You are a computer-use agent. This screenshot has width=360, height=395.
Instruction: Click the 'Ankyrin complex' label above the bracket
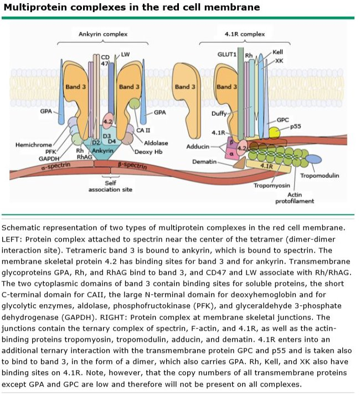(104, 34)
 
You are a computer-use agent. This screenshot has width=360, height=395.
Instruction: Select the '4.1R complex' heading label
(244, 34)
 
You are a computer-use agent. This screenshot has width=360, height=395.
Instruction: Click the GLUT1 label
(227, 55)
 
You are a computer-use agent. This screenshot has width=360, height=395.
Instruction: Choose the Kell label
(277, 53)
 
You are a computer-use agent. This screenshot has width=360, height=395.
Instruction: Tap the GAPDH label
(49, 158)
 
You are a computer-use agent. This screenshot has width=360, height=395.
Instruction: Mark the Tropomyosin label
(272, 186)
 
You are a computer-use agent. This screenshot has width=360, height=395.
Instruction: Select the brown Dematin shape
(239, 162)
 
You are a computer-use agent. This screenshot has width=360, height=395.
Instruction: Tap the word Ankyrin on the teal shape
(102, 151)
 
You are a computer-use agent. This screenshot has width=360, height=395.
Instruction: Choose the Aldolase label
(156, 143)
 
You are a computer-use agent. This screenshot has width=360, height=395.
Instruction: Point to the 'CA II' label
(144, 130)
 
